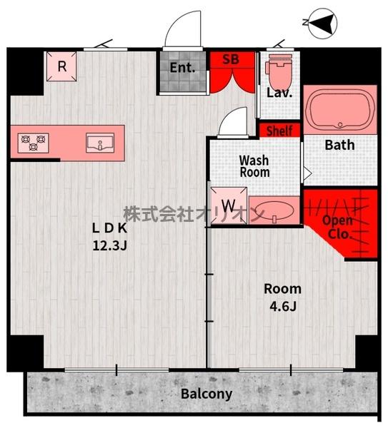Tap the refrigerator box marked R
(x=61, y=66)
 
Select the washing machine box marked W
(x=229, y=205)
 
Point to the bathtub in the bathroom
(x=340, y=109)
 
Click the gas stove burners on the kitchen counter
(x=34, y=143)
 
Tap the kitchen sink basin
(x=100, y=143)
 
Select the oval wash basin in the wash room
(x=274, y=210)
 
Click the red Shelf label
(x=279, y=131)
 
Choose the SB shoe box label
(x=231, y=59)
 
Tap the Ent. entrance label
(x=182, y=68)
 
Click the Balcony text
(x=207, y=394)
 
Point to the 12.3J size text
(x=109, y=245)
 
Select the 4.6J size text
(x=283, y=306)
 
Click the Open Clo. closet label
(x=338, y=227)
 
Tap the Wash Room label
(x=254, y=166)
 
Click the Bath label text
(x=339, y=145)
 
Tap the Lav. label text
(x=279, y=93)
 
